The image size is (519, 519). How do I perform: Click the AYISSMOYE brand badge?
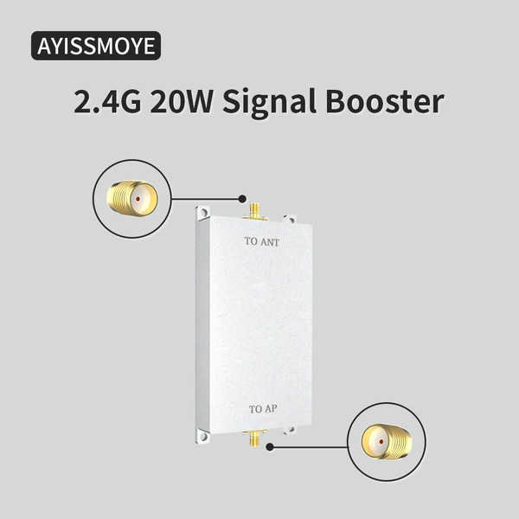tap(96, 46)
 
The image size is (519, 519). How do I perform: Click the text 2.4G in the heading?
tap(107, 101)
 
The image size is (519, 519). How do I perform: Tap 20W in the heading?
tap(181, 101)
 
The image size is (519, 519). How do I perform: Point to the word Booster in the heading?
tap(385, 101)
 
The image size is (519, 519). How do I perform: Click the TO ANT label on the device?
tap(262, 241)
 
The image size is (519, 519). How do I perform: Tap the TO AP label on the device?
tap(263, 409)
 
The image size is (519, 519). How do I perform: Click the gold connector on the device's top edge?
tap(254, 211)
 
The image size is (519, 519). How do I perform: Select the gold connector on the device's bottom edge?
tap(254, 438)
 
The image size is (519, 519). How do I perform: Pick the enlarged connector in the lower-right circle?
tap(387, 441)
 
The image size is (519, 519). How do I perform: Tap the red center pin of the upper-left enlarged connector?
tap(138, 199)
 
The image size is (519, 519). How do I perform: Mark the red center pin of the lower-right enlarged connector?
tap(381, 441)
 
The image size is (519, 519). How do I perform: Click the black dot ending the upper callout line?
tap(242, 199)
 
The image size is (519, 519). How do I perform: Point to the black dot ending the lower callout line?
tap(270, 447)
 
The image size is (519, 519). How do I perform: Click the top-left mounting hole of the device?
tap(204, 213)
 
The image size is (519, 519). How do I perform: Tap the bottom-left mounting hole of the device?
tap(203, 437)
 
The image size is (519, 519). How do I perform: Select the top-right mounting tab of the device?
tap(290, 219)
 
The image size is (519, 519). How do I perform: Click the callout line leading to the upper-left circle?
tap(205, 199)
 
